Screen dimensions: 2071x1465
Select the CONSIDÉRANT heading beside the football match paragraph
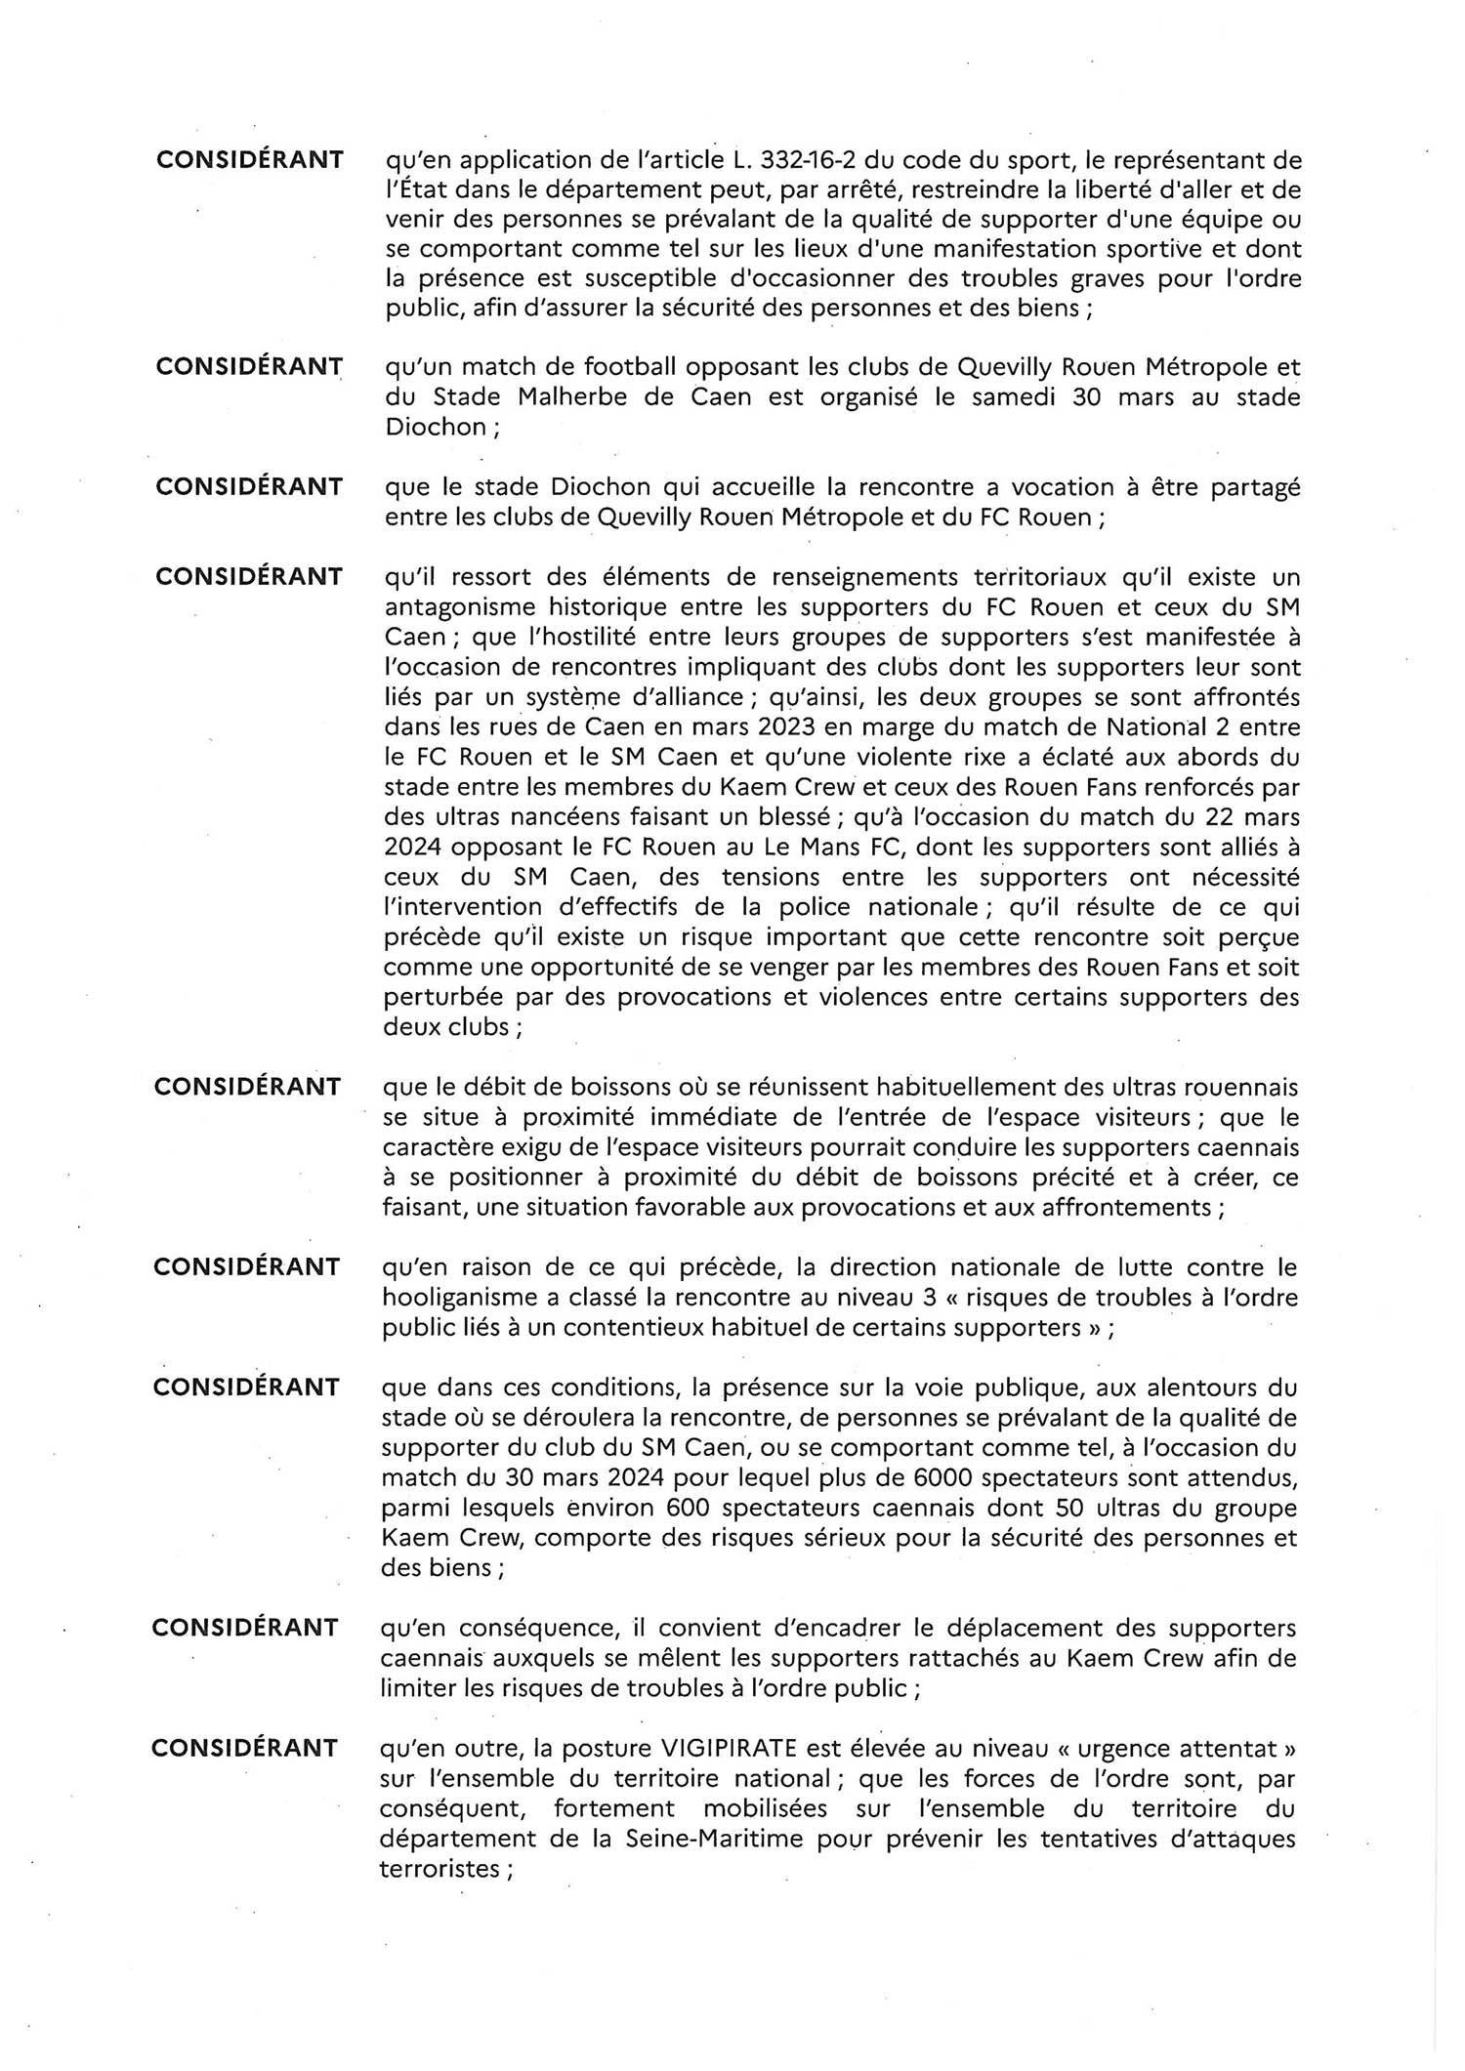tap(249, 366)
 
